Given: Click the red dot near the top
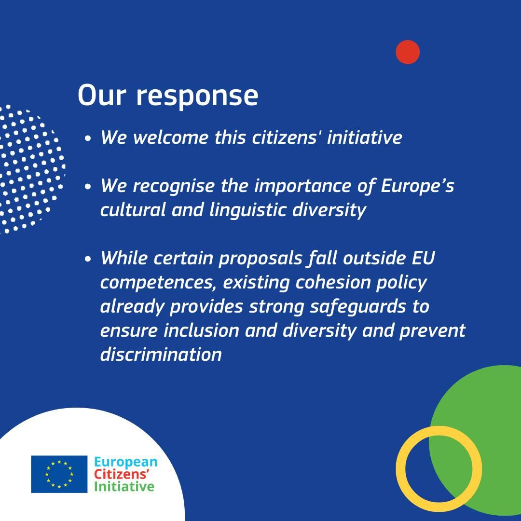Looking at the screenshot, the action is coord(408,52).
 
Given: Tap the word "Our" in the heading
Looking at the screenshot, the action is coord(102,96).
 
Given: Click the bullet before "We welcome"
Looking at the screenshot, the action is coord(88,138).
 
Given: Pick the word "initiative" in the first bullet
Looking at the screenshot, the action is coord(365,137).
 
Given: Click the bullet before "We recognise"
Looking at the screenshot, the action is coord(88,187).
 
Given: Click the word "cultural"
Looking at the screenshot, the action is coord(133,210).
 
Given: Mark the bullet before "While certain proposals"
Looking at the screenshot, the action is coord(88,259).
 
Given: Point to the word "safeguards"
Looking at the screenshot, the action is coord(358,307).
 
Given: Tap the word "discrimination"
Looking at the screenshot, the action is coord(161,355).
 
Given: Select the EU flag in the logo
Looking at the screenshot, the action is coord(59,474).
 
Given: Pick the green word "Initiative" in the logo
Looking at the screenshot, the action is coord(124,487).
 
